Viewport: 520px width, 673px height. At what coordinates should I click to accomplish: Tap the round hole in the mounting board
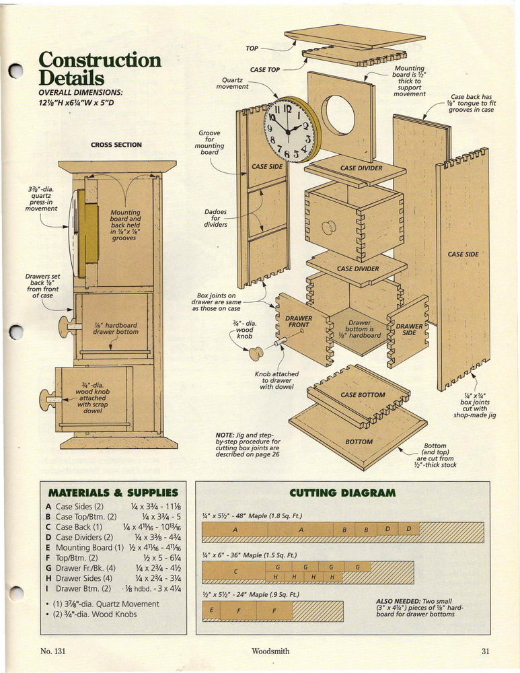[340, 114]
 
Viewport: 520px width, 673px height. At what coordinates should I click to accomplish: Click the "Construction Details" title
[100, 68]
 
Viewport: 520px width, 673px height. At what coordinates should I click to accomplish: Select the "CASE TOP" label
[265, 69]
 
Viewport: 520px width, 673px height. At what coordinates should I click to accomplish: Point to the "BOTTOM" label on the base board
[359, 441]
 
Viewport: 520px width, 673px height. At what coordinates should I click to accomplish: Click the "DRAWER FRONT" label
[299, 322]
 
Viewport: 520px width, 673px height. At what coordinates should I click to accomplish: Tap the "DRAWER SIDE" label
[409, 329]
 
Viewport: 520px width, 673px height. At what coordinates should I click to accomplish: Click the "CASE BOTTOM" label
[363, 395]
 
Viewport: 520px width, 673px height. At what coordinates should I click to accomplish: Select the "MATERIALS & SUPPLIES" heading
[113, 493]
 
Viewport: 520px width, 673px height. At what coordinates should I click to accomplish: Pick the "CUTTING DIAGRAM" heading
[342, 493]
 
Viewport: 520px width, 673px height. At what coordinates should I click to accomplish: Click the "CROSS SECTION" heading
[116, 145]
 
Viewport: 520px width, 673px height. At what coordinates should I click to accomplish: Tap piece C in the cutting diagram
[235, 571]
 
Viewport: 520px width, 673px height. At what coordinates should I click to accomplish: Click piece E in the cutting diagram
[211, 610]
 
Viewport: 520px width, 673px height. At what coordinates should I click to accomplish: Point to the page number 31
[485, 651]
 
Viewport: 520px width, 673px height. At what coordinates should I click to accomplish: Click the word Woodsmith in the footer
[270, 651]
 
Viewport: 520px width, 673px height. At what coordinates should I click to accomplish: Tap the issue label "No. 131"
[52, 651]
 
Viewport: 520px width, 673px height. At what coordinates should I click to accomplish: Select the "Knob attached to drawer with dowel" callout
[276, 380]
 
